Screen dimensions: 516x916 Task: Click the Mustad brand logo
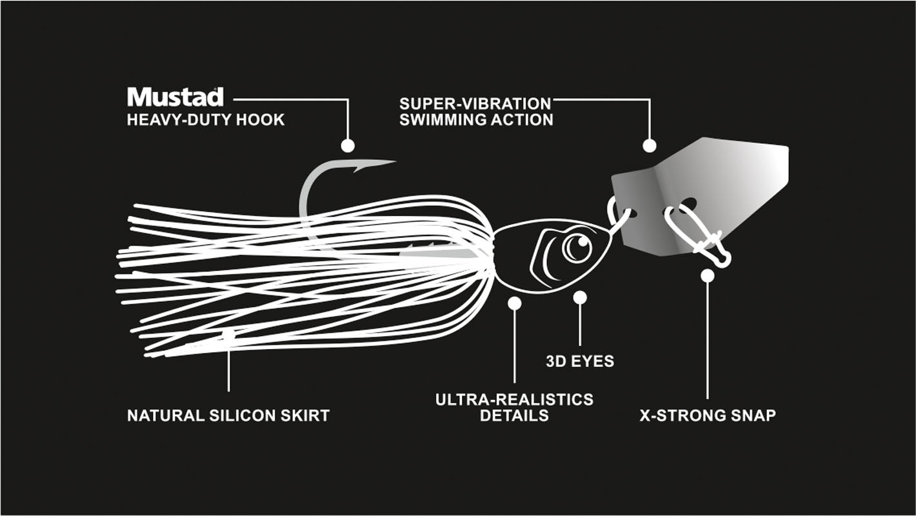175,97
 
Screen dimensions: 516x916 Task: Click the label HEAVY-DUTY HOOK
206,120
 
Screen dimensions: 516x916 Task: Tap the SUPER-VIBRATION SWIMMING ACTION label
475,112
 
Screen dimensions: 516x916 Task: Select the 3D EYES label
580,361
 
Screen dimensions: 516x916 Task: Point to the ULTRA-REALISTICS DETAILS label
514,407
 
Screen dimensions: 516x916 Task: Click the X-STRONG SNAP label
708,415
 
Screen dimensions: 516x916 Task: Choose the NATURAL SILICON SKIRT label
228,415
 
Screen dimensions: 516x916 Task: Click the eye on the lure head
577,248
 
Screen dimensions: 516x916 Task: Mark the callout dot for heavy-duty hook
348,146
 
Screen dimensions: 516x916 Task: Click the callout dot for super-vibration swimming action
650,146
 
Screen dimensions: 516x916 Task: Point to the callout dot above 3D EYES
580,297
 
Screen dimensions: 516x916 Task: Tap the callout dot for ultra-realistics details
514,303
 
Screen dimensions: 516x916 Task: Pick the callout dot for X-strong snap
708,276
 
